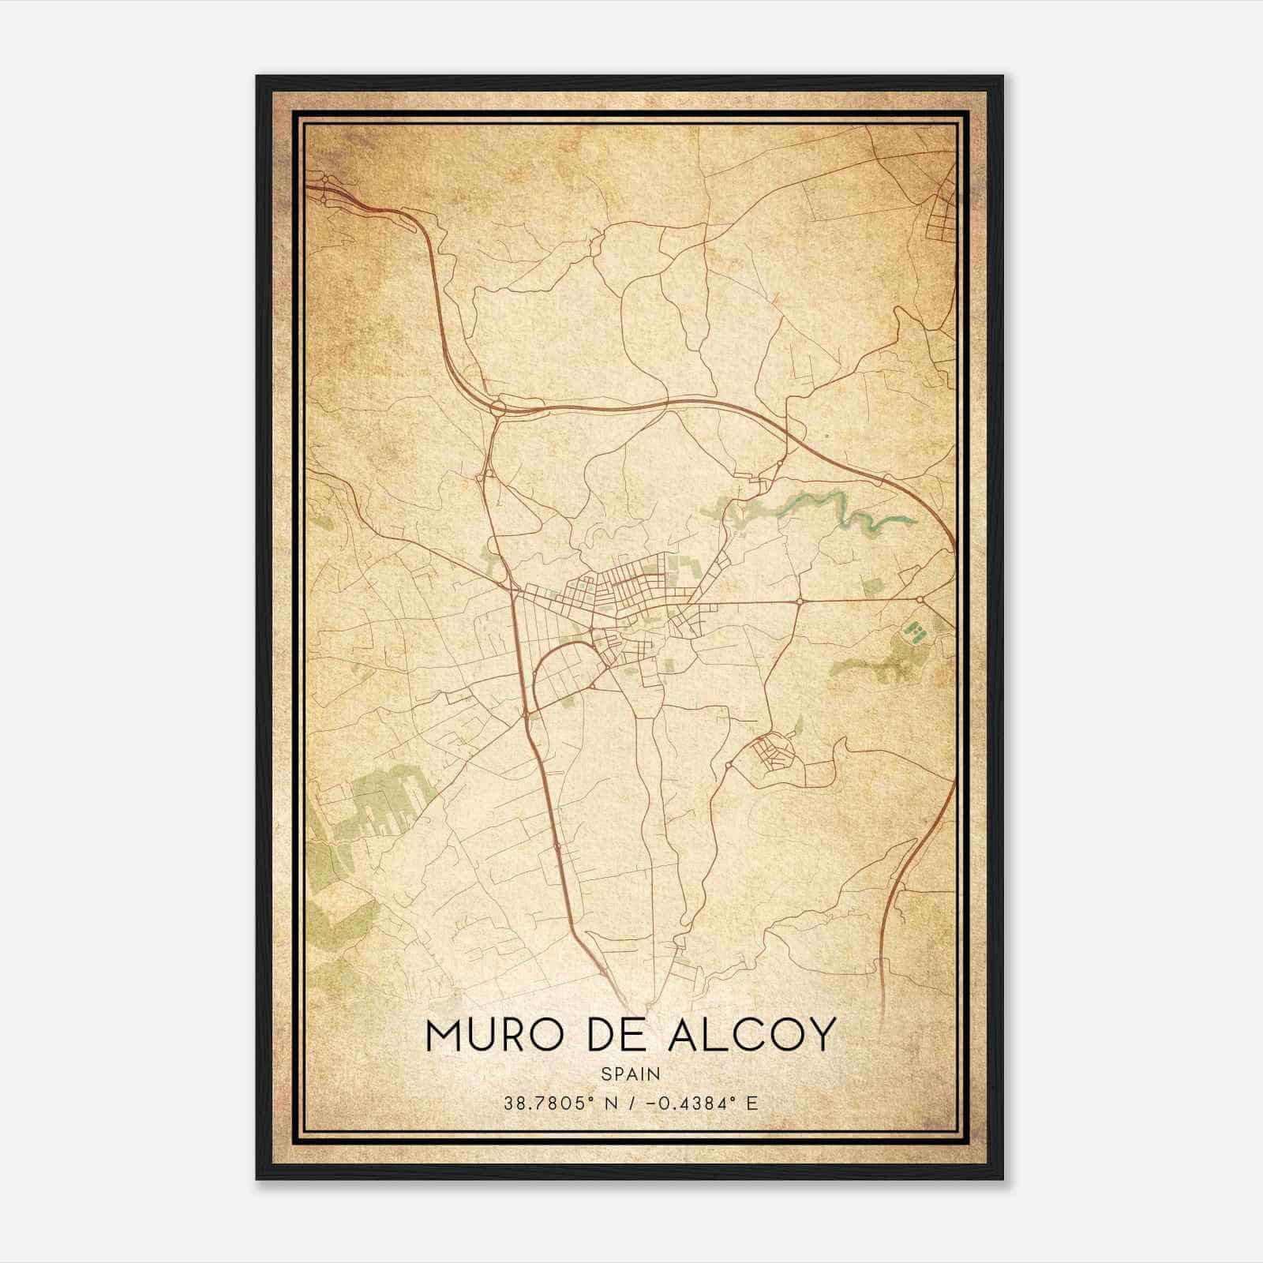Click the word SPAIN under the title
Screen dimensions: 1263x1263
pyautogui.click(x=630, y=1074)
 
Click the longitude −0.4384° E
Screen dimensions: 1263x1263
pyautogui.click(x=702, y=1103)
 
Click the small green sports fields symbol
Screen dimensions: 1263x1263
pyautogui.click(x=915, y=631)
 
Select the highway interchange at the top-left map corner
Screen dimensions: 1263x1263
pyautogui.click(x=325, y=187)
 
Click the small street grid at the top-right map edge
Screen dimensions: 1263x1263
pyautogui.click(x=943, y=213)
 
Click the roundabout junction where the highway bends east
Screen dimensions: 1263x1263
pyautogui.click(x=498, y=407)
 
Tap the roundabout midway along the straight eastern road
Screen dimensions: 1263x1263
pyautogui.click(x=799, y=602)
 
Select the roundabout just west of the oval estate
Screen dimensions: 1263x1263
pyautogui.click(x=728, y=765)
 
